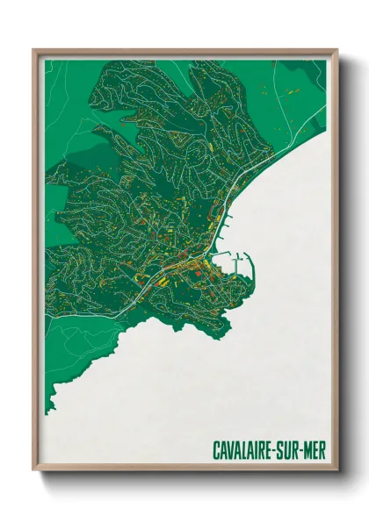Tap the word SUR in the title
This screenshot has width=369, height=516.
coord(293,449)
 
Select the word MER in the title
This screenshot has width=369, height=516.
coord(315,449)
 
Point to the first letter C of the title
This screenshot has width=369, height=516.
coord(216,449)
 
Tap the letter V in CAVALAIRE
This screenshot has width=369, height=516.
coord(232,449)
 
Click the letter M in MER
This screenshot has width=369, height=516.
coord(309,449)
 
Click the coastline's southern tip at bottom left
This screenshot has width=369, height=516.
coord(50,409)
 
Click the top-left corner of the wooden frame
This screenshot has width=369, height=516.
coord(33,50)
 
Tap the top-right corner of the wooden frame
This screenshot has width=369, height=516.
coord(337,50)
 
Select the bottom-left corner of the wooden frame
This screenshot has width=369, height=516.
coord(33,470)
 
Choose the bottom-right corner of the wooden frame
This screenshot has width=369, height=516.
coord(337,470)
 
